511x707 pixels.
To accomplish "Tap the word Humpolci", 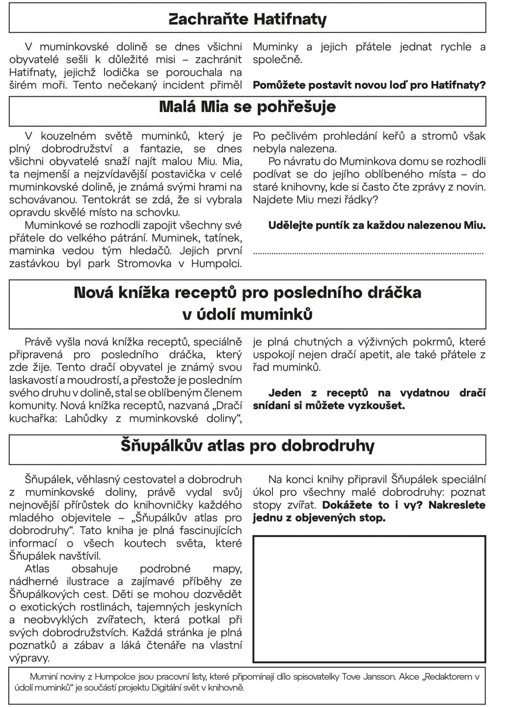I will coord(218,264).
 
